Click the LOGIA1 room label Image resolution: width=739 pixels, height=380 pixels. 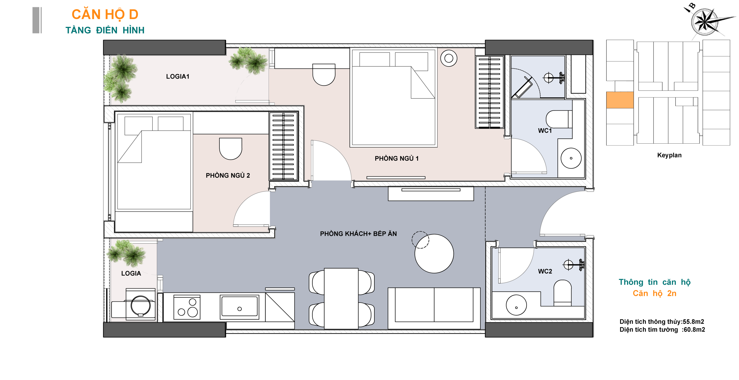pos(178,76)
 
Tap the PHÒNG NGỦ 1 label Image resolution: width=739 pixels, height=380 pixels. pos(396,158)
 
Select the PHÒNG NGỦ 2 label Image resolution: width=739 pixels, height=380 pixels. pos(228,175)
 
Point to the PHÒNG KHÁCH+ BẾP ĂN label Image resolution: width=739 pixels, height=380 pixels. pos(358,233)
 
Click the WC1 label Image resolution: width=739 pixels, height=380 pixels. pos(545,131)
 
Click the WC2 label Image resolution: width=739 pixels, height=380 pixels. pos(545,271)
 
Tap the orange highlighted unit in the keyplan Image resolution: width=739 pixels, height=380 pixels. pos(620,100)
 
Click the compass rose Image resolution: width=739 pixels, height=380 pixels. pos(705,21)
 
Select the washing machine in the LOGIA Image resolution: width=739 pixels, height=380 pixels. pos(141,304)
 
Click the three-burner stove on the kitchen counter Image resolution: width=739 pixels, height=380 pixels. pos(187,307)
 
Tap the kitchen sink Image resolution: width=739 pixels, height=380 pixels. pos(239,307)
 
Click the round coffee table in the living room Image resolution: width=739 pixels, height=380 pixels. pos(434,253)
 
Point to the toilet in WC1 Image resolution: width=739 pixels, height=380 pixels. pos(559,119)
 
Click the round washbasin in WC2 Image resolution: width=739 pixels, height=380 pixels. pos(516,305)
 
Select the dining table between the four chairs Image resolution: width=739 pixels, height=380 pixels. pos(341,299)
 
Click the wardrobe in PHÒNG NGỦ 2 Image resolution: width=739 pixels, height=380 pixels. pos(283,146)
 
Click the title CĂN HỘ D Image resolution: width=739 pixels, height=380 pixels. pos(105,14)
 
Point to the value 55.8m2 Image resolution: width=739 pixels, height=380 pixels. pos(693,322)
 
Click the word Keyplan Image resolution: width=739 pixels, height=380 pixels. pos(669,155)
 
